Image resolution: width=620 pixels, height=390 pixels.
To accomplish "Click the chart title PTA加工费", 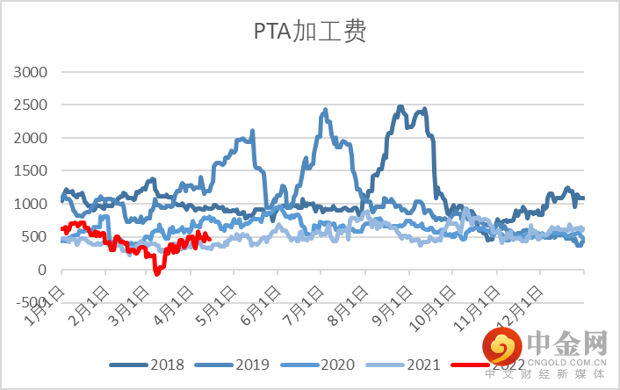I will (309, 33).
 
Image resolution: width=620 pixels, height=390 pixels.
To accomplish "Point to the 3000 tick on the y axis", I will (32, 72).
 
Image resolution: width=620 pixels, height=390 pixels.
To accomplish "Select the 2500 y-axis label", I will (32, 105).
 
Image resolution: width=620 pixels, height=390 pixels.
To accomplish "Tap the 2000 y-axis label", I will (32, 138).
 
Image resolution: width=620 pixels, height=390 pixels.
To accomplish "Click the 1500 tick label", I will (32, 171).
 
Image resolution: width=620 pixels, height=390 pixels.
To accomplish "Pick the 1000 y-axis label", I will (32, 204).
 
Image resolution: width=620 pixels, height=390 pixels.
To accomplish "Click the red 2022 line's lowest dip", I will (157, 273).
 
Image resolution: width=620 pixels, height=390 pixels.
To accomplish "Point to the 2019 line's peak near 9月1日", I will (400, 107).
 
